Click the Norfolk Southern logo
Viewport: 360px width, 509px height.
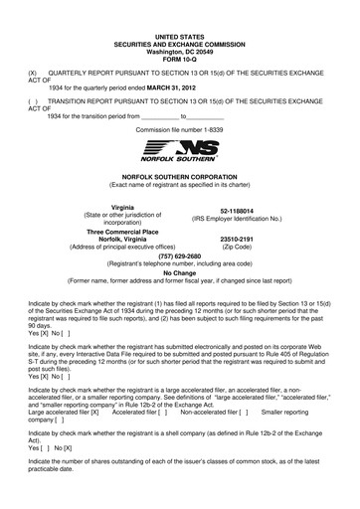pos(180,151)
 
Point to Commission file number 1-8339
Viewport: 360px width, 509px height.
pos(180,129)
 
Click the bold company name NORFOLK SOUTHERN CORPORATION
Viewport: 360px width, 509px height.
pos(180,173)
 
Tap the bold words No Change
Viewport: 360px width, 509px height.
pos(180,272)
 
